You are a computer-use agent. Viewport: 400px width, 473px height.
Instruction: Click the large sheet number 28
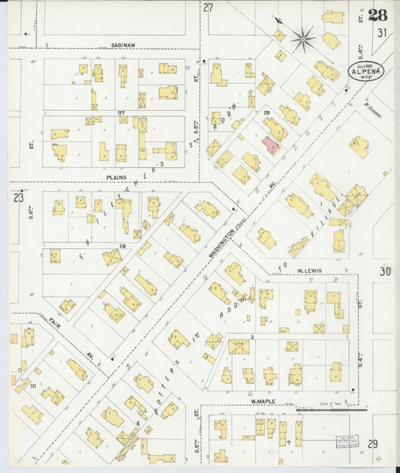pos(378,15)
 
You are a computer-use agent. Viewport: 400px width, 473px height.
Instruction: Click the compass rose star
pos(303,38)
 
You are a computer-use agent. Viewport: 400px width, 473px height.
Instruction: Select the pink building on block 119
pos(271,145)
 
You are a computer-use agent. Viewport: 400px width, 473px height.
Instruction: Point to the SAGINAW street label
pos(123,45)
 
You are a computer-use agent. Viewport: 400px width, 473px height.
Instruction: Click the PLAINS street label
pos(117,178)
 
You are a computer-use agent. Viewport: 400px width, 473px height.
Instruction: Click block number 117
pos(120,113)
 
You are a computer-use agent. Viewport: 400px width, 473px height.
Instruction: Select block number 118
pos(122,245)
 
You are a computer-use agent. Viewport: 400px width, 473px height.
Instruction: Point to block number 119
pos(266,112)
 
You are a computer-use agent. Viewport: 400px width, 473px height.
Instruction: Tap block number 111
pos(32,364)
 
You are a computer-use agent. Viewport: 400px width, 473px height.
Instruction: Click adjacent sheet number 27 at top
pos(208,7)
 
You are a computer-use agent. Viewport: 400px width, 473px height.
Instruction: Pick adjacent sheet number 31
pos(382,32)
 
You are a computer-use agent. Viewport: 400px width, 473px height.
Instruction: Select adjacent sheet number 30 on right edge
pos(385,271)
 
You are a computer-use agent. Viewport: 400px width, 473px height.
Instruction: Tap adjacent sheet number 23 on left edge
pos(18,198)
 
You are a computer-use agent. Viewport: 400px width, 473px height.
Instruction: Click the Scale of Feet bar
pos(331,410)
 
